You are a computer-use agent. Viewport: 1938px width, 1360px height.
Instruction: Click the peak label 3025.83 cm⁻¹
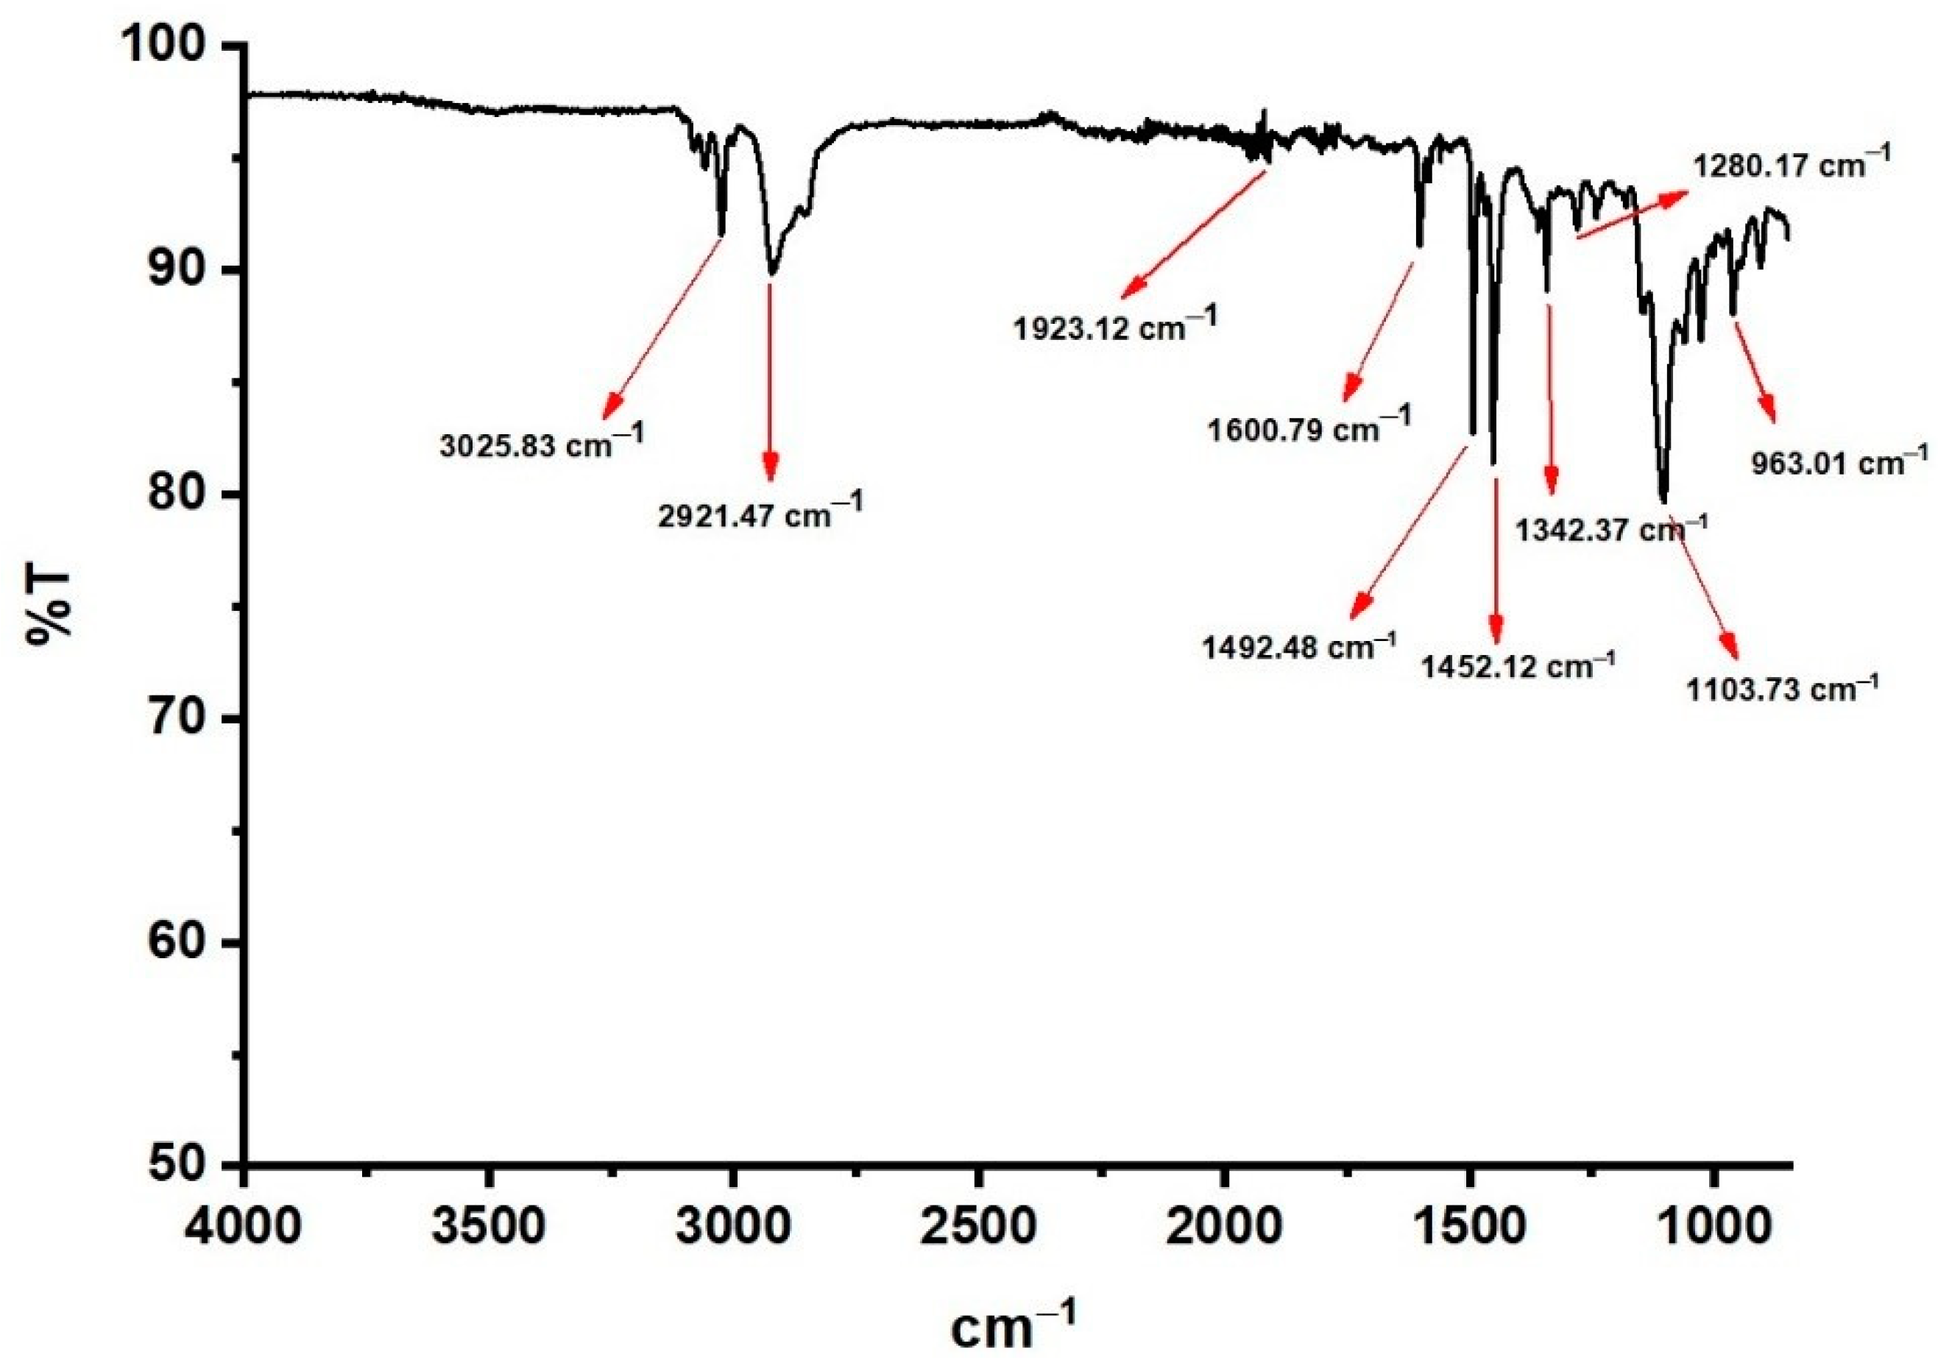pos(541,443)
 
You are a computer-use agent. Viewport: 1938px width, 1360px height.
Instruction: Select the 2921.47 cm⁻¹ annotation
pos(760,514)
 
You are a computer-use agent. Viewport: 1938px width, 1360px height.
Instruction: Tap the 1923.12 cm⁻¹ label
pos(1116,326)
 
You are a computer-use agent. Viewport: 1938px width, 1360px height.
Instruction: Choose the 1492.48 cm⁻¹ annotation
pos(1301,648)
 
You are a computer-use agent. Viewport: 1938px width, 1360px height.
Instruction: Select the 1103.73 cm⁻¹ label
pos(1783,690)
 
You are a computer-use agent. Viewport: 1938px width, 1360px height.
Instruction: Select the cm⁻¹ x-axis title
pos(1013,1325)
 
